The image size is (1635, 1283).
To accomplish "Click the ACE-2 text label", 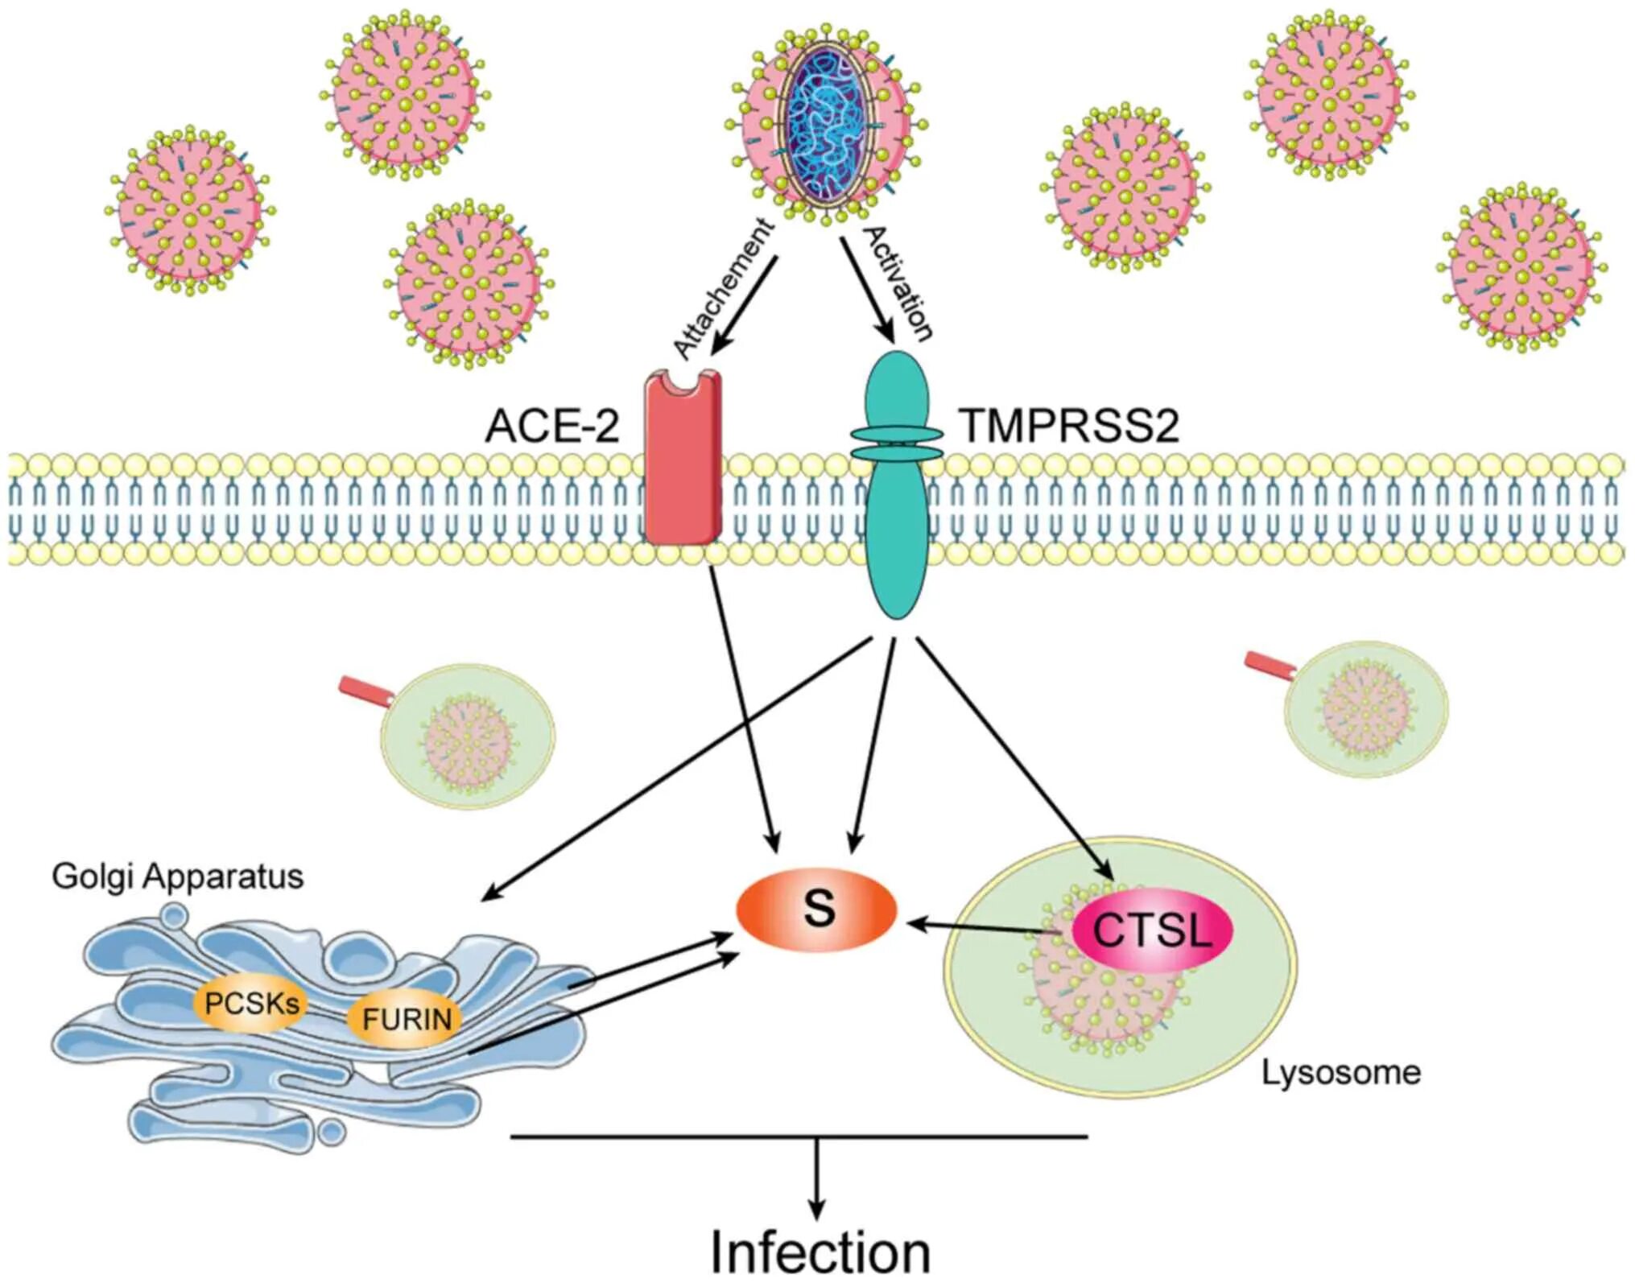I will pos(552,426).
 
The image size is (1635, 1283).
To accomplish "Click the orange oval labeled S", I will pos(816,910).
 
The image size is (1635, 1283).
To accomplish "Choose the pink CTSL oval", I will pos(1152,930).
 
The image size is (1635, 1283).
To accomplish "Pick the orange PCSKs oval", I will pos(250,1003).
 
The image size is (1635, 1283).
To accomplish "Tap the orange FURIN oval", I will pos(407,1019).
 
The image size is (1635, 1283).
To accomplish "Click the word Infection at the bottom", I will pos(820,1252).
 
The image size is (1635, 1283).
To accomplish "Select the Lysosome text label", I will pos(1340,1072).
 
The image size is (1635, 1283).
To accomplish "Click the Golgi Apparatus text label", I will pos(178,876).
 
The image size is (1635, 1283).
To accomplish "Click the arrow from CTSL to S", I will pos(982,928).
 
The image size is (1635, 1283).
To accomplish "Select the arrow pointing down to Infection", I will pos(817,1179).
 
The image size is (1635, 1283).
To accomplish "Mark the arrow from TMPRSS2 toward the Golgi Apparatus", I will pos(676,769).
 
